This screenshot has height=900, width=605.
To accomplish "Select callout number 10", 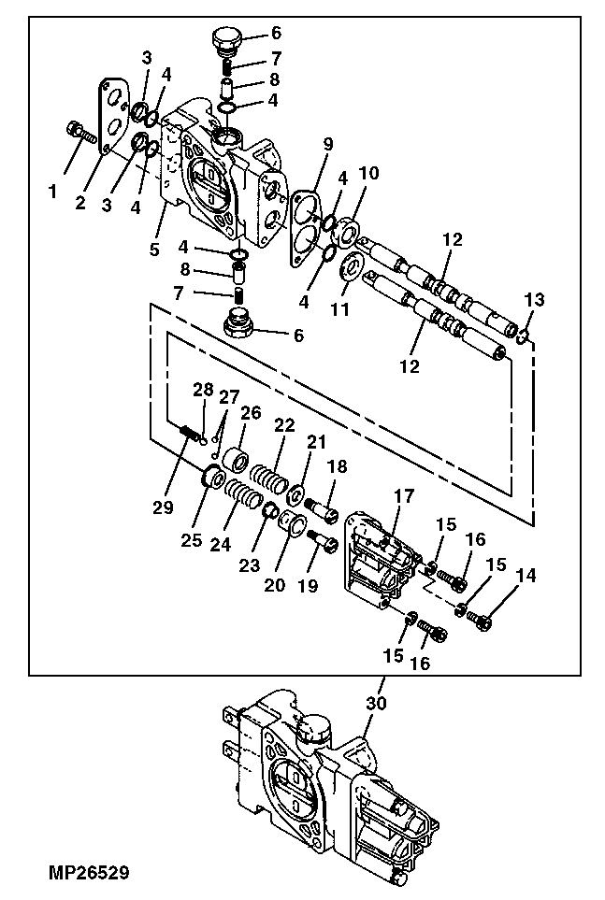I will point(370,174).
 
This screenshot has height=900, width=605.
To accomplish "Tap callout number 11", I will point(341,309).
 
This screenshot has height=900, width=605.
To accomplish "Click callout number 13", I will point(533,299).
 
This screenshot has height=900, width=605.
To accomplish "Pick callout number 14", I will point(526,577).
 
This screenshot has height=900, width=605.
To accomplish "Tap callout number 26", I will point(251,412).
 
